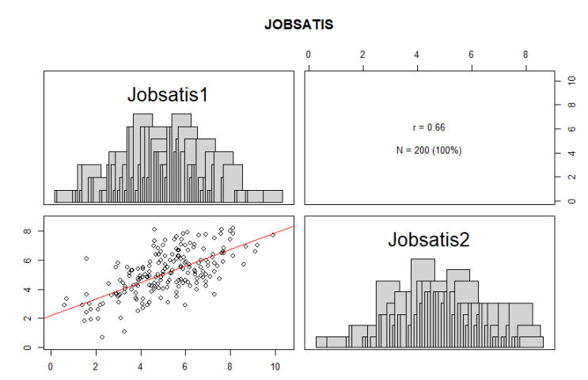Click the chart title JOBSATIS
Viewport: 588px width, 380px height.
pos(299,25)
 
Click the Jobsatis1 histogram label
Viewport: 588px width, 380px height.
pos(167,95)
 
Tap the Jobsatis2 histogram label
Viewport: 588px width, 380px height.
pos(427,240)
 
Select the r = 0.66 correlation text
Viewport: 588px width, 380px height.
pos(429,127)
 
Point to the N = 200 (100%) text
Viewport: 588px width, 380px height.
pos(429,150)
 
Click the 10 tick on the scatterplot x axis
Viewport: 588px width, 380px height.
pos(275,367)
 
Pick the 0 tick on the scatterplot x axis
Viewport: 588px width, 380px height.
pos(51,367)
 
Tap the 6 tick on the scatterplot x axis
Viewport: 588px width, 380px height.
pos(185,367)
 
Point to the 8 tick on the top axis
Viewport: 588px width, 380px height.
pos(525,55)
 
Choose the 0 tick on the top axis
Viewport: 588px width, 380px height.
pos(308,55)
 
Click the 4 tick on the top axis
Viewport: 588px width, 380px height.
pos(417,55)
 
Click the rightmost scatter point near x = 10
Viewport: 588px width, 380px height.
pos(273,234)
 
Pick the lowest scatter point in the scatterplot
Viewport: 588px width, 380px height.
pos(102,336)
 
